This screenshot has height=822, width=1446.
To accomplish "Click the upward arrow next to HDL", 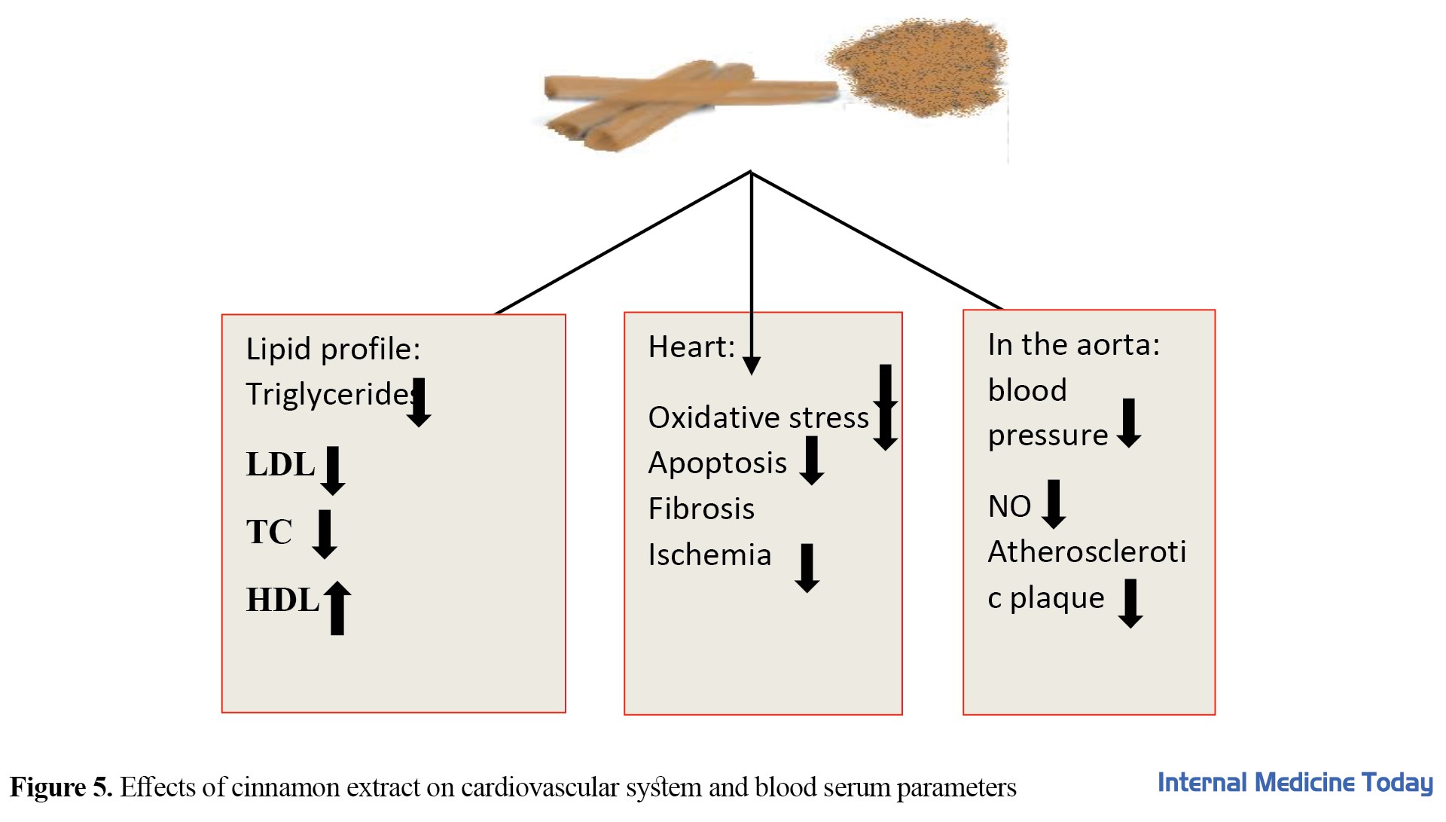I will (337, 607).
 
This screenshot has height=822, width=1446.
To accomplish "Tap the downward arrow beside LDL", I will (332, 470).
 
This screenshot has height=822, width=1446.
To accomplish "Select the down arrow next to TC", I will (325, 533).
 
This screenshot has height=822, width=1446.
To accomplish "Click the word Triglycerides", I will (328, 394).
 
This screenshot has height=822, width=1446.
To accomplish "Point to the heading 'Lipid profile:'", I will (333, 349).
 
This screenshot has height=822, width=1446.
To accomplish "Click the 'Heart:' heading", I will (691, 347).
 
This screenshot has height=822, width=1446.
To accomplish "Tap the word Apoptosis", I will (717, 463).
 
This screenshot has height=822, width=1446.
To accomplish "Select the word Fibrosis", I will (701, 509).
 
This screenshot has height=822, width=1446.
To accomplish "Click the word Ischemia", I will (709, 555).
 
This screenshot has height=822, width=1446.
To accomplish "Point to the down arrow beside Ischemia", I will (807, 567).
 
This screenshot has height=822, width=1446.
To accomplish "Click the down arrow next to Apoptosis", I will (811, 460).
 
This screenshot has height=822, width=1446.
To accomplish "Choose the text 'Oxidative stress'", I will (758, 417).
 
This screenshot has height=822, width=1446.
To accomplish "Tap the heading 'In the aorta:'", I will (1073, 344).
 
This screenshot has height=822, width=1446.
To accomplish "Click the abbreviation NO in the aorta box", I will (1009, 506).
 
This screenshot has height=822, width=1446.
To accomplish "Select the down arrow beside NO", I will (1054, 503).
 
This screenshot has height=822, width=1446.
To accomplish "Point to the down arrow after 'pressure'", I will (1128, 423).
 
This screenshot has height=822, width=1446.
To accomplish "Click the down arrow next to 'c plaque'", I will (1130, 603).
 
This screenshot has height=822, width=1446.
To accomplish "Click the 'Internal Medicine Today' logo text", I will (1295, 783).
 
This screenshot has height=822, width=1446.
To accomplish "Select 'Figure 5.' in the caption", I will (61, 787).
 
